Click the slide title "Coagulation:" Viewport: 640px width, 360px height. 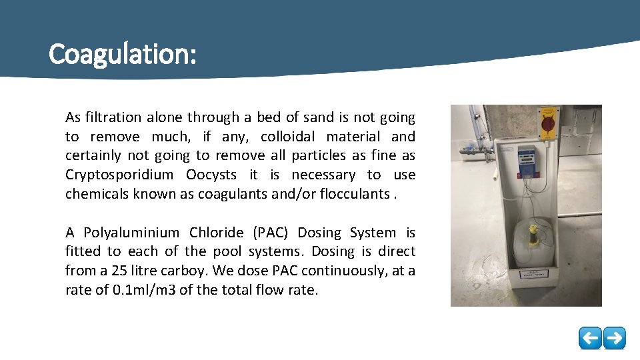(123, 54)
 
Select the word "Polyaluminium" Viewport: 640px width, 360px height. (131, 233)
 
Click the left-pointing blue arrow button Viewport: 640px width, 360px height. (589, 338)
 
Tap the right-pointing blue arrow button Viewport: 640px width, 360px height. (614, 338)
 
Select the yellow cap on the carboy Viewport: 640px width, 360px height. (533, 231)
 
